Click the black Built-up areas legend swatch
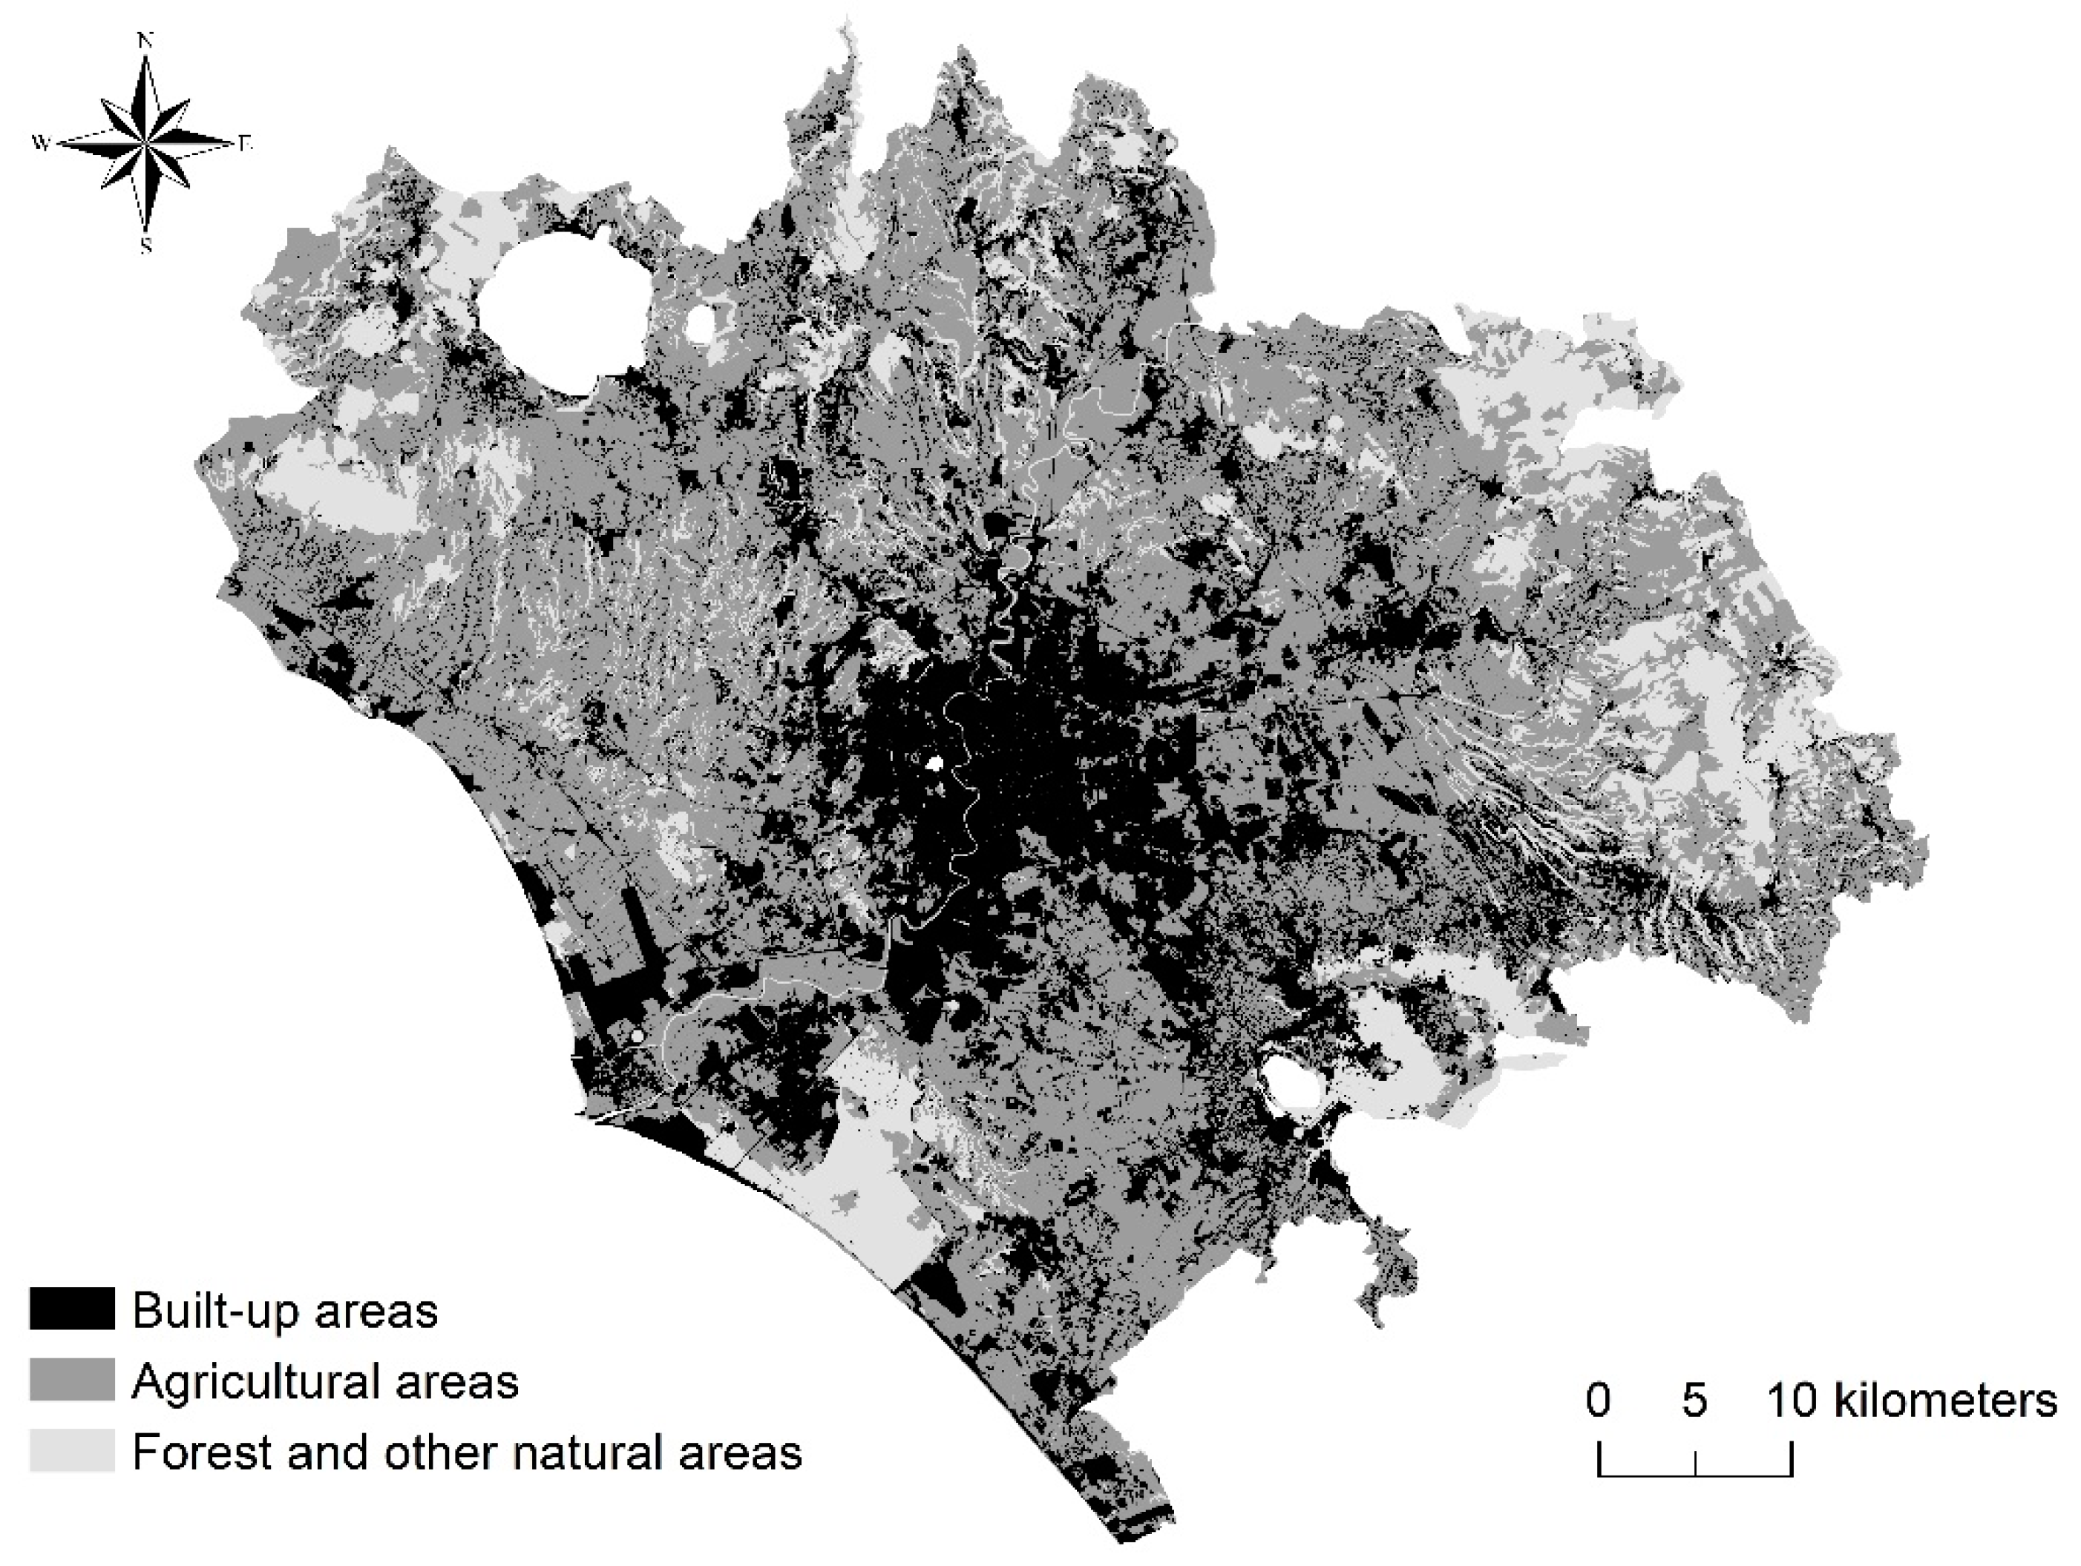tap(71, 1309)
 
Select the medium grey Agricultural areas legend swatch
tap(71, 1380)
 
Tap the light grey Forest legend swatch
tap(71, 1450)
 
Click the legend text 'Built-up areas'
tap(285, 1310)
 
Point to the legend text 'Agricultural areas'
tap(326, 1381)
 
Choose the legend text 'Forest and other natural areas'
tap(467, 1451)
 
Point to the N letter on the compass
tap(145, 41)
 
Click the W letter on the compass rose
tap(42, 144)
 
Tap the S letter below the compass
tap(145, 246)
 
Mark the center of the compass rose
tap(145, 144)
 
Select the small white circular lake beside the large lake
tap(701, 323)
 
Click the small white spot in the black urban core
tap(934, 764)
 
